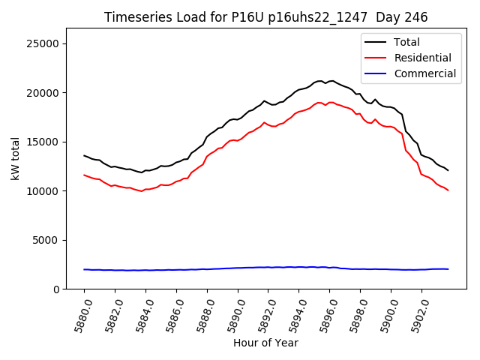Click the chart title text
point(265,17)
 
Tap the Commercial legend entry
point(424,73)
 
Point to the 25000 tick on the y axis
point(44,43)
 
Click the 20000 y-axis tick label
point(44,93)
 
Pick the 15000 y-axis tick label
point(44,142)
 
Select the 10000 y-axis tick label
point(44,191)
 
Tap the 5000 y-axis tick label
point(47,240)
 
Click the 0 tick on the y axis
point(55,289)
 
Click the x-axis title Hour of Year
point(265,343)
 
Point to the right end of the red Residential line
point(448,190)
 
